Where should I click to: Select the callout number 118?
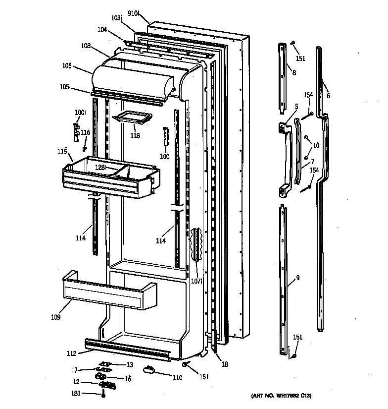point(135,136)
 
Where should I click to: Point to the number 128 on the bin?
point(100,168)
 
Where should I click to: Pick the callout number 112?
point(72,353)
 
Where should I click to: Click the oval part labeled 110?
point(149,369)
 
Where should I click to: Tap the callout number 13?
point(130,364)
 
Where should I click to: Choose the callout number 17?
point(74,369)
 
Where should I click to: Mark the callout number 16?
point(128,379)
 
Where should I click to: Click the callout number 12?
point(76,382)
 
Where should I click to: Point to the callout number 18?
point(225,364)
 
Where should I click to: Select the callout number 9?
point(297,278)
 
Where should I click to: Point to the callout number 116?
point(86,132)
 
